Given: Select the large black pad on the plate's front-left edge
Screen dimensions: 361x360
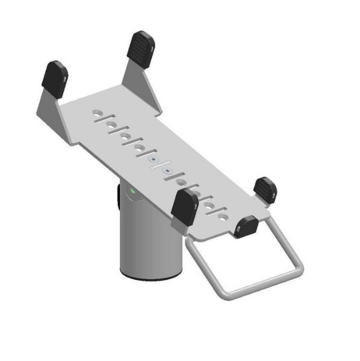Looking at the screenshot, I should click(184, 205).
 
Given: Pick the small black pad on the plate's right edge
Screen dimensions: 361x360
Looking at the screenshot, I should click(265, 190).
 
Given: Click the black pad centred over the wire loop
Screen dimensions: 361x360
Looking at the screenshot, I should click(246, 226).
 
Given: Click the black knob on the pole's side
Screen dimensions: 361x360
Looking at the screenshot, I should click(117, 196).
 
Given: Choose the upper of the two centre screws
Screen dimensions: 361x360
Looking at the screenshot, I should click(154, 160).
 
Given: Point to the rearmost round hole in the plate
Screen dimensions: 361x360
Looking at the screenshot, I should click(97, 113).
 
